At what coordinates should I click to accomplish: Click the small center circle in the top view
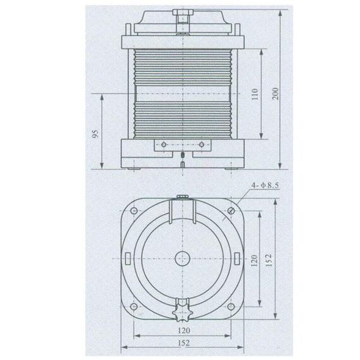coord(182,259)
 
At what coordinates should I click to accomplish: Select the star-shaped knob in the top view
coord(182,311)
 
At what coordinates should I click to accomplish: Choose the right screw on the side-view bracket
coord(201,145)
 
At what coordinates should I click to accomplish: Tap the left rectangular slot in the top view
coord(129,259)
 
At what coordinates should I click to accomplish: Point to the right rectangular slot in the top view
coord(235,259)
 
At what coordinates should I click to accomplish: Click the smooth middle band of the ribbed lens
coord(182,94)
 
